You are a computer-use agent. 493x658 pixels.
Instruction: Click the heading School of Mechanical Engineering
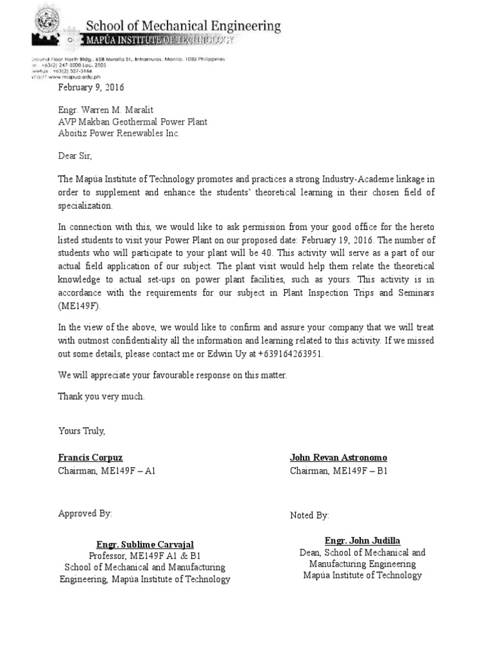(183, 26)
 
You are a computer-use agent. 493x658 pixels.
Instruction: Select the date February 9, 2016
(92, 87)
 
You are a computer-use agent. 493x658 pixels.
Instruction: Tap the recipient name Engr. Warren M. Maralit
(107, 110)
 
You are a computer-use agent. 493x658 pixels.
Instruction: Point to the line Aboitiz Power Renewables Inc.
(119, 133)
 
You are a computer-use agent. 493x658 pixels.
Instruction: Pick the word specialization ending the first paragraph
(85, 206)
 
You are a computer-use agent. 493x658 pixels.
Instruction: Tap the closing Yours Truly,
(82, 431)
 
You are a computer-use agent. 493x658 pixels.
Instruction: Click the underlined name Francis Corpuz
(91, 458)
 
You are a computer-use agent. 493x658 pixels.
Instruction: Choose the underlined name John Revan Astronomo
(338, 458)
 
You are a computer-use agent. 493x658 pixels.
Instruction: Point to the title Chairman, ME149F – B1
(338, 471)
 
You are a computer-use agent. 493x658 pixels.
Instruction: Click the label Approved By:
(85, 513)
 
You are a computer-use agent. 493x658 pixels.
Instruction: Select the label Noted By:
(309, 515)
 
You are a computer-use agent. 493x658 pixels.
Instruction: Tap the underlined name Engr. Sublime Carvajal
(144, 544)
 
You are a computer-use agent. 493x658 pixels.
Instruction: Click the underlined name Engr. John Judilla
(362, 540)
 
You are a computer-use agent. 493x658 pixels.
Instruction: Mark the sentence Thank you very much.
(101, 396)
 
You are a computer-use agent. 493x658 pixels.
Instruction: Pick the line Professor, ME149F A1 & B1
(144, 556)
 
